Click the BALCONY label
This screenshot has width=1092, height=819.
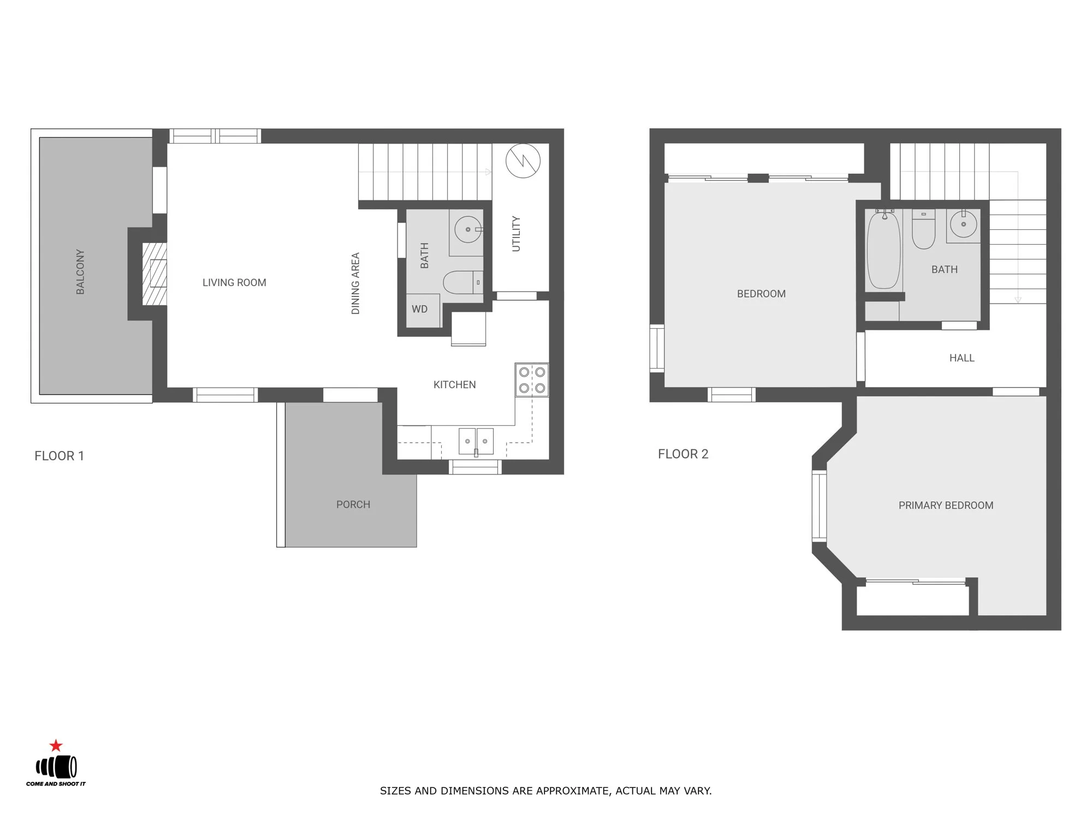coord(80,272)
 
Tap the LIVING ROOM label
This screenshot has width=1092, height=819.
coord(234,282)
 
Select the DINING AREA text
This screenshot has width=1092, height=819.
coord(355,283)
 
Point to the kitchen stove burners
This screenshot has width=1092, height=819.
coord(532,380)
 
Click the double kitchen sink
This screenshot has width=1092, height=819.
coord(476,441)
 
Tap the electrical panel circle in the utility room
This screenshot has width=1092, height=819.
coord(523,161)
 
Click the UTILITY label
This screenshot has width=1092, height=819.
coord(516,234)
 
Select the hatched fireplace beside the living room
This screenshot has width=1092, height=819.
coord(154,274)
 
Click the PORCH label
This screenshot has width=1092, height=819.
coord(353,505)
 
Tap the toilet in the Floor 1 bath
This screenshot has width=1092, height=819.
coord(461,282)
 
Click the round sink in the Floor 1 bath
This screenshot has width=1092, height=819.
coord(467,229)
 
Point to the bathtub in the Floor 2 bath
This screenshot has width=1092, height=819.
coord(883,251)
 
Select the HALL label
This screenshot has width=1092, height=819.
coord(962,358)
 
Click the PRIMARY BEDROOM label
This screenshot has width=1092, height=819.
coord(946,506)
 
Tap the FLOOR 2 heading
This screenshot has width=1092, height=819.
coord(682,454)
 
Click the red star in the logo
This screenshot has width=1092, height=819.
coord(56,746)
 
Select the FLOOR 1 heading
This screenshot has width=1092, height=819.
coord(59,456)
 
